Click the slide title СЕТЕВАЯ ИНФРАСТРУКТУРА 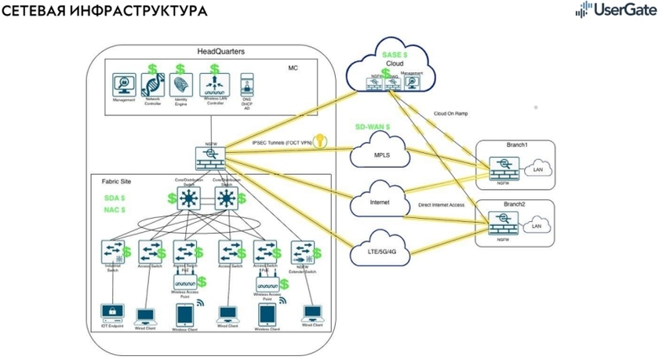pos(106,12)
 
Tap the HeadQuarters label pos(221,51)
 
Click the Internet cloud pos(380,202)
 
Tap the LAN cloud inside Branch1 pos(538,169)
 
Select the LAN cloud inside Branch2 pos(538,226)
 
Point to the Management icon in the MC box pos(123,85)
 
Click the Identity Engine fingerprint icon pos(180,85)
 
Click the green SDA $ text pos(115,198)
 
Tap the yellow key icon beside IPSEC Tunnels pos(321,142)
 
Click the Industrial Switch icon pos(112,253)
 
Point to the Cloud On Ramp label pos(452,114)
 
